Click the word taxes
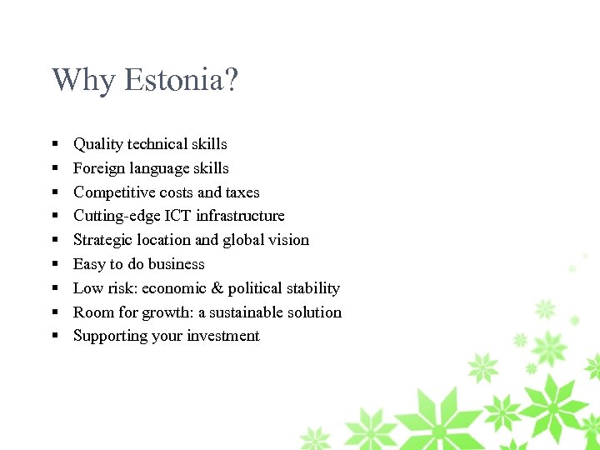pos(242,192)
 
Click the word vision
pos(289,240)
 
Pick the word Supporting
pos(108,337)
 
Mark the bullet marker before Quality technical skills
pos(53,145)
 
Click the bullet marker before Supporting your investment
pos(53,337)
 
